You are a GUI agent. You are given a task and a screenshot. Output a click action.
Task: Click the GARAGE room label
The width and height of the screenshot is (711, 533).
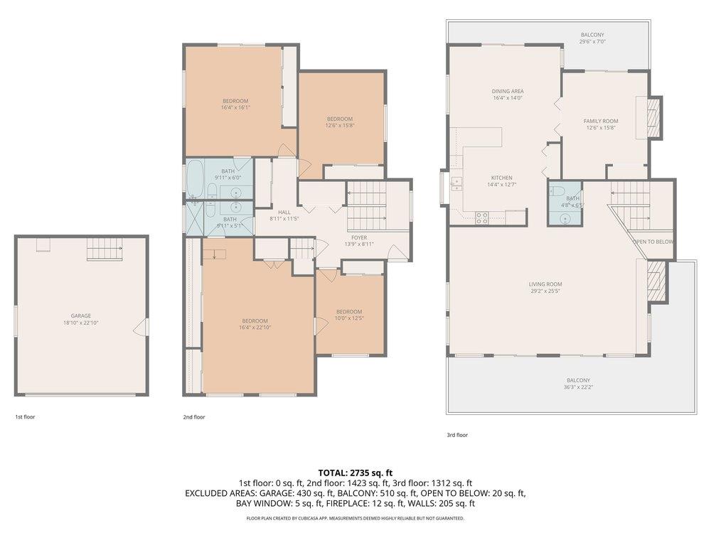81,316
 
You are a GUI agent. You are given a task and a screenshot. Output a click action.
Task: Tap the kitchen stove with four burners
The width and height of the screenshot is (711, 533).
481,217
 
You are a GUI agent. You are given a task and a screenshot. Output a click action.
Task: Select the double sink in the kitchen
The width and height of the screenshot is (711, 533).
456,185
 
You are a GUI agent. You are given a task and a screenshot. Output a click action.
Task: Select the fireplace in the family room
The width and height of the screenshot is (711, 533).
653,116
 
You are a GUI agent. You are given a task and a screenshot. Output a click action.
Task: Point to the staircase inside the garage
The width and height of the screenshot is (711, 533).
104,249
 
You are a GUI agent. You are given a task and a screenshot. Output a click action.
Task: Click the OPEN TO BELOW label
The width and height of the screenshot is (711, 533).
653,242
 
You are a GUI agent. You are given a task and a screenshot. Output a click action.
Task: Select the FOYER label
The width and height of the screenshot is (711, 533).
358,237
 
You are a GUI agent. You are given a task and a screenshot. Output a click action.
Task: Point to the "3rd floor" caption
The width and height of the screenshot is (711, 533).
457,435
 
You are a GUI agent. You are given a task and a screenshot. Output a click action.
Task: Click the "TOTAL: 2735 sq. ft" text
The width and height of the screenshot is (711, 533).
355,472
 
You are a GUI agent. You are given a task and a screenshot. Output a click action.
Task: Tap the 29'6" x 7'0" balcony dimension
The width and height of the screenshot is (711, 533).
592,42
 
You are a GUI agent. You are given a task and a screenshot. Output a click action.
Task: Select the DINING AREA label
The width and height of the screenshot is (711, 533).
508,91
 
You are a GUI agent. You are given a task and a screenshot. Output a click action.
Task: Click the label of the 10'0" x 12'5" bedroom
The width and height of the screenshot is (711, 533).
348,311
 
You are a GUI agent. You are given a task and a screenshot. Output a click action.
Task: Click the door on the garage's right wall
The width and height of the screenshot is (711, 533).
144,326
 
